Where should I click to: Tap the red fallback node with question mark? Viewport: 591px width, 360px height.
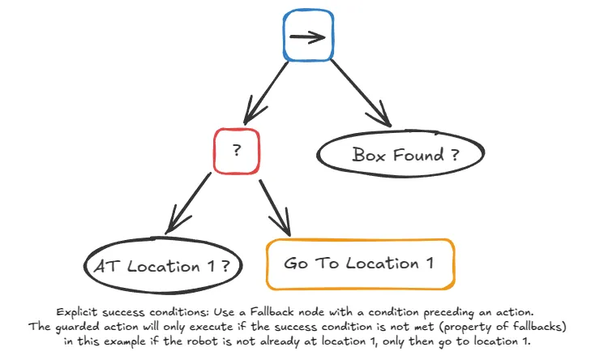pyautogui.click(x=237, y=151)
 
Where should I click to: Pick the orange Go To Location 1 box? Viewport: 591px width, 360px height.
pyautogui.click(x=360, y=264)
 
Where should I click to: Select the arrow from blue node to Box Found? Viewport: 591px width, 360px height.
pyautogui.click(x=360, y=93)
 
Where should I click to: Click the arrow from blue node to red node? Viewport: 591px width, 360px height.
pyautogui.click(x=261, y=93)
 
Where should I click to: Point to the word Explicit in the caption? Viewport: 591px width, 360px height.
pyautogui.click(x=79, y=312)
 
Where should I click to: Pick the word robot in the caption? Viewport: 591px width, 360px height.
pyautogui.click(x=189, y=341)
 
